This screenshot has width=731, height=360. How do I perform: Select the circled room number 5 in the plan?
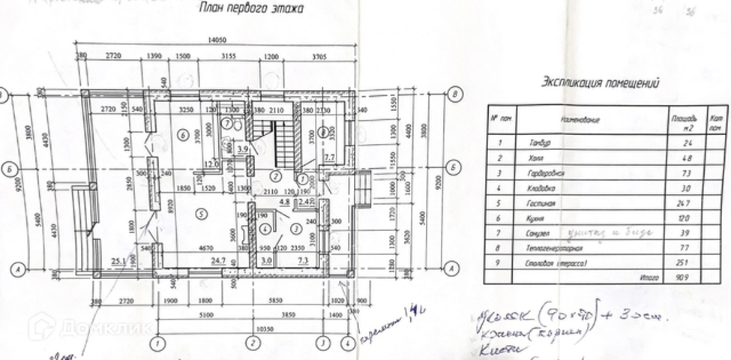point(199,213)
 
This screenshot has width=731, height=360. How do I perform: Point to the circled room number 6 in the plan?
point(181,133)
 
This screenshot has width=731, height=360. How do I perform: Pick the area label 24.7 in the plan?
point(218,260)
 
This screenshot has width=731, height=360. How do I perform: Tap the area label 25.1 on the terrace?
point(118,261)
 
